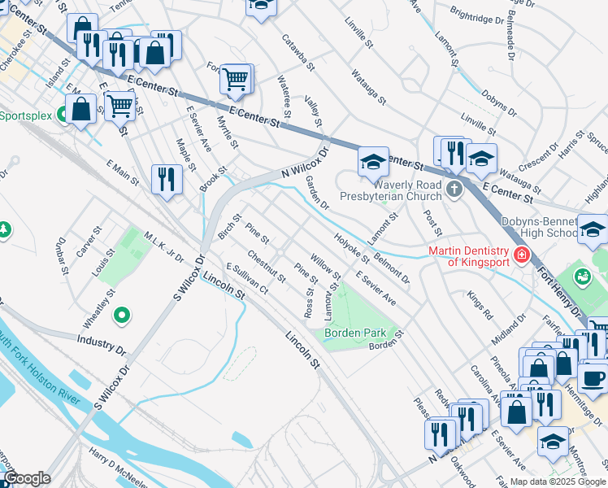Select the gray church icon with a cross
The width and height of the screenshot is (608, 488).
coord(454,190)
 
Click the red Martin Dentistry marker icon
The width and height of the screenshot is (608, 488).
coord(519,257)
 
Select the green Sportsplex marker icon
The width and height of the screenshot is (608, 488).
coord(63,115)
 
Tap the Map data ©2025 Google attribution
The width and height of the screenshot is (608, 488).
coord(558,481)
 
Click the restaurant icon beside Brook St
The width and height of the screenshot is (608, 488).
coord(167,178)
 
